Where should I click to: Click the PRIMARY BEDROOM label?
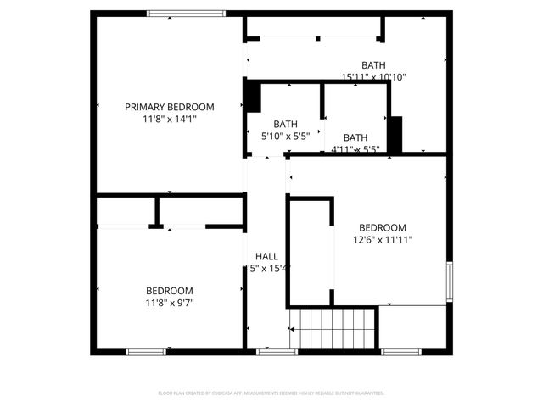point(170,107)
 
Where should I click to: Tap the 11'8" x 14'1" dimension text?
point(170,120)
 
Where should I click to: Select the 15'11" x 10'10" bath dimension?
point(374,77)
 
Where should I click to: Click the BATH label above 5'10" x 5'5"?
point(285,123)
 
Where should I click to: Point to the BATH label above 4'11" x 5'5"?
point(355,137)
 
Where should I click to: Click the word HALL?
point(266,256)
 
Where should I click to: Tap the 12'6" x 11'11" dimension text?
point(382,240)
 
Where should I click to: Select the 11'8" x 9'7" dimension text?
point(170,303)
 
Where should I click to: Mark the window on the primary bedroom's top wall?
point(186,14)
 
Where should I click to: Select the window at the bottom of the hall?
point(271,351)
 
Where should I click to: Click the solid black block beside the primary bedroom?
point(252,95)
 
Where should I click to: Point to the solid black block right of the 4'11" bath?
point(395,134)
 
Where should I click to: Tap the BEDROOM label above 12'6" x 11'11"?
point(382,227)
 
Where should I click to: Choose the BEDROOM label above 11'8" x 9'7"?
point(170,290)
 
